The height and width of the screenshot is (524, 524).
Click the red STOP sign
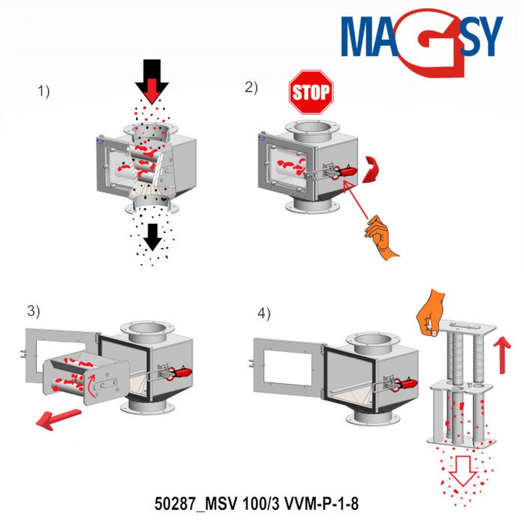(x=311, y=92)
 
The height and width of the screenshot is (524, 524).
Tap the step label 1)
(x=43, y=91)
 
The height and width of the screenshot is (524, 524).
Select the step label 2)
(x=251, y=88)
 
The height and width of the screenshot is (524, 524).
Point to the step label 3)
(x=33, y=311)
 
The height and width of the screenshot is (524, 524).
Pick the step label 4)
(x=264, y=314)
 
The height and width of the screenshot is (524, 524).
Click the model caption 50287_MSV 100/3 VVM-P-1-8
(x=256, y=504)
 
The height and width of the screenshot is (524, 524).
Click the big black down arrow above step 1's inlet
(x=151, y=81)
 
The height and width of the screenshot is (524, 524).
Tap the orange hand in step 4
(x=430, y=313)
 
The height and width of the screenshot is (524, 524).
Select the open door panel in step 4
(x=288, y=364)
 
